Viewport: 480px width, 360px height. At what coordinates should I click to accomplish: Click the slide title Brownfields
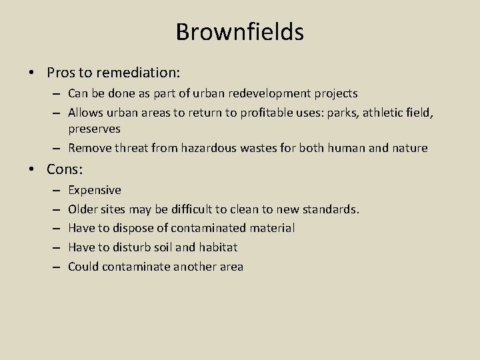(x=239, y=31)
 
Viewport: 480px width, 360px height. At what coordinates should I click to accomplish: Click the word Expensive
(x=95, y=190)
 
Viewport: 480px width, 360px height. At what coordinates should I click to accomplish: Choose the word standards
(x=331, y=209)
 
